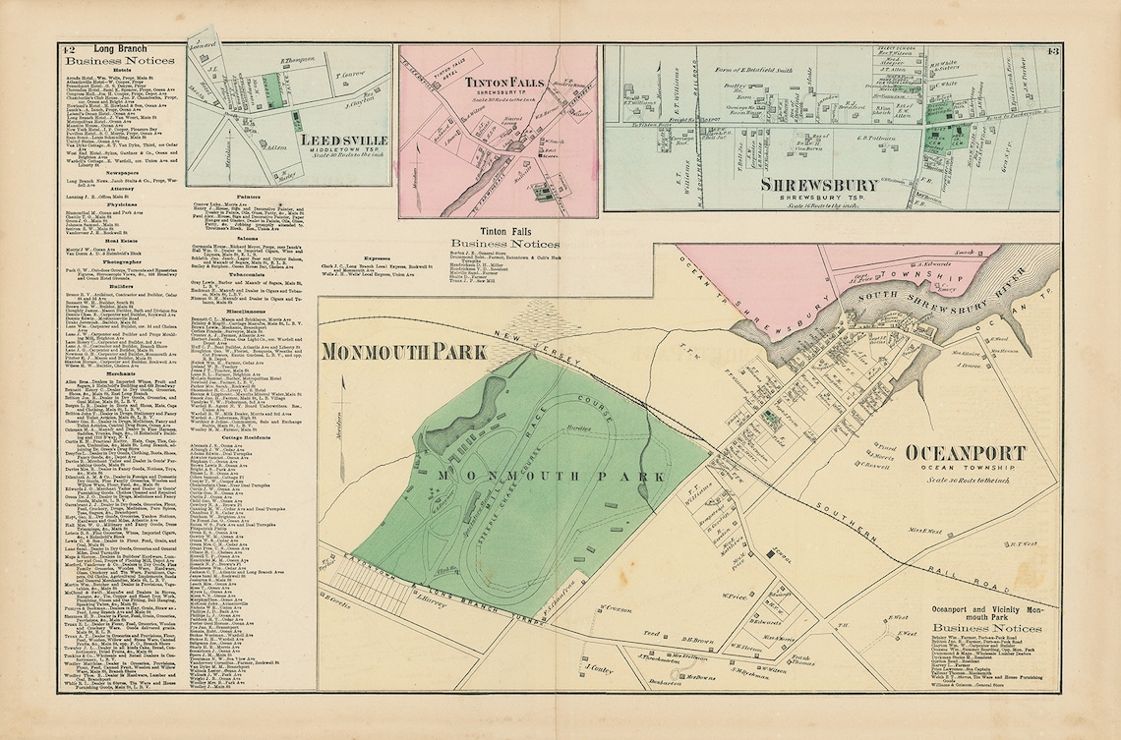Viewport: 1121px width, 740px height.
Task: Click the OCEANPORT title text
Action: (x=965, y=452)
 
